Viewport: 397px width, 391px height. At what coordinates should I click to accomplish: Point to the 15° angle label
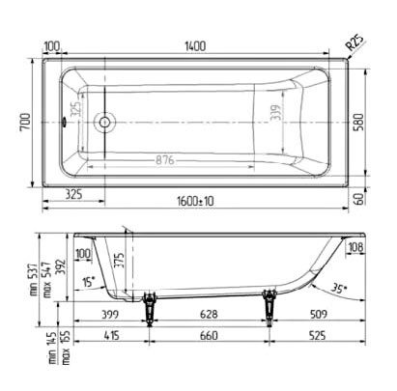88,281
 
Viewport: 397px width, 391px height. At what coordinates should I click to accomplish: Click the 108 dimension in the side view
355,249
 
